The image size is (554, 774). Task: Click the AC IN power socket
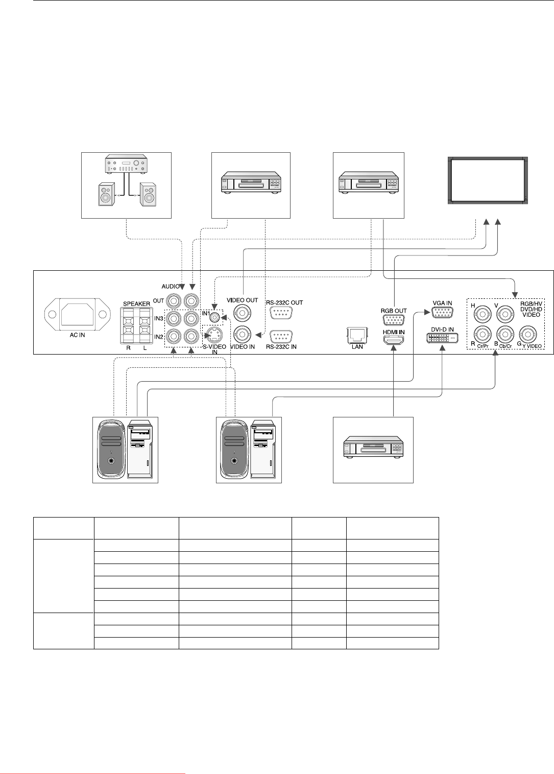(78, 316)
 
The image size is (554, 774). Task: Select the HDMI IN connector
(394, 341)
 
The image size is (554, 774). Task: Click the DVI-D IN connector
(442, 338)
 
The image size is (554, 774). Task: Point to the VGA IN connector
(442, 313)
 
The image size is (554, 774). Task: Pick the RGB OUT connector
(394, 320)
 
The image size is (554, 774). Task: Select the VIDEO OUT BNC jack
(243, 312)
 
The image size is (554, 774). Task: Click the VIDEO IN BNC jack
(243, 335)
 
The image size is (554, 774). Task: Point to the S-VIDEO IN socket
(213, 335)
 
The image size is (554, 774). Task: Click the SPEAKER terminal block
(135, 325)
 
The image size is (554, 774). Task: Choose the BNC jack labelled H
(483, 313)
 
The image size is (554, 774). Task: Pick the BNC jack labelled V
(505, 313)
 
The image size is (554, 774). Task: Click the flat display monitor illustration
(488, 181)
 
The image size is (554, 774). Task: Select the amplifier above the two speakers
(126, 165)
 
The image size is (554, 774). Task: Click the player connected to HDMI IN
(373, 449)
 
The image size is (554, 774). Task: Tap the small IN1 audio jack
(216, 318)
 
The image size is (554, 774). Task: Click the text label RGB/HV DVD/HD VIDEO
(531, 309)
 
